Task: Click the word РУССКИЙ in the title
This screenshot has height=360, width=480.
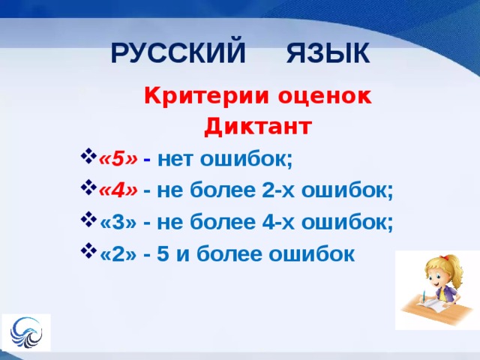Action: [x=178, y=52]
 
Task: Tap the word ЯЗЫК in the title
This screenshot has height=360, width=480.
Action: [x=328, y=53]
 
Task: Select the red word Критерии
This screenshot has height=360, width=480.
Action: [x=207, y=96]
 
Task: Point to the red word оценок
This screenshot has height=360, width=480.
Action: [x=325, y=97]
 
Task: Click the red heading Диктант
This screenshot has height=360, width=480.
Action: [x=258, y=126]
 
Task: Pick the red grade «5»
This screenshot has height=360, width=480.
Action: [x=118, y=159]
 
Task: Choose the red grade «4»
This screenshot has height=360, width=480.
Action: [x=118, y=190]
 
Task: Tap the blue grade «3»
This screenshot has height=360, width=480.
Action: [x=118, y=222]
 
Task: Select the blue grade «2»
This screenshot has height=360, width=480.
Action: [x=118, y=253]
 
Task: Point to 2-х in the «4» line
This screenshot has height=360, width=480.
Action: [x=278, y=190]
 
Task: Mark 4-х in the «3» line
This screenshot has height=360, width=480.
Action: [x=278, y=222]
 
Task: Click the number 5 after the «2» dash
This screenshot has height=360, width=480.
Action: [x=163, y=253]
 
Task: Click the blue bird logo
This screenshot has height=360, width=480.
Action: [x=26, y=332]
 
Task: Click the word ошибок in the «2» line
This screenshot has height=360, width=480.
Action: [x=312, y=253]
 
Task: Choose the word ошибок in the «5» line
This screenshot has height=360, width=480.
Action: [x=246, y=159]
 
